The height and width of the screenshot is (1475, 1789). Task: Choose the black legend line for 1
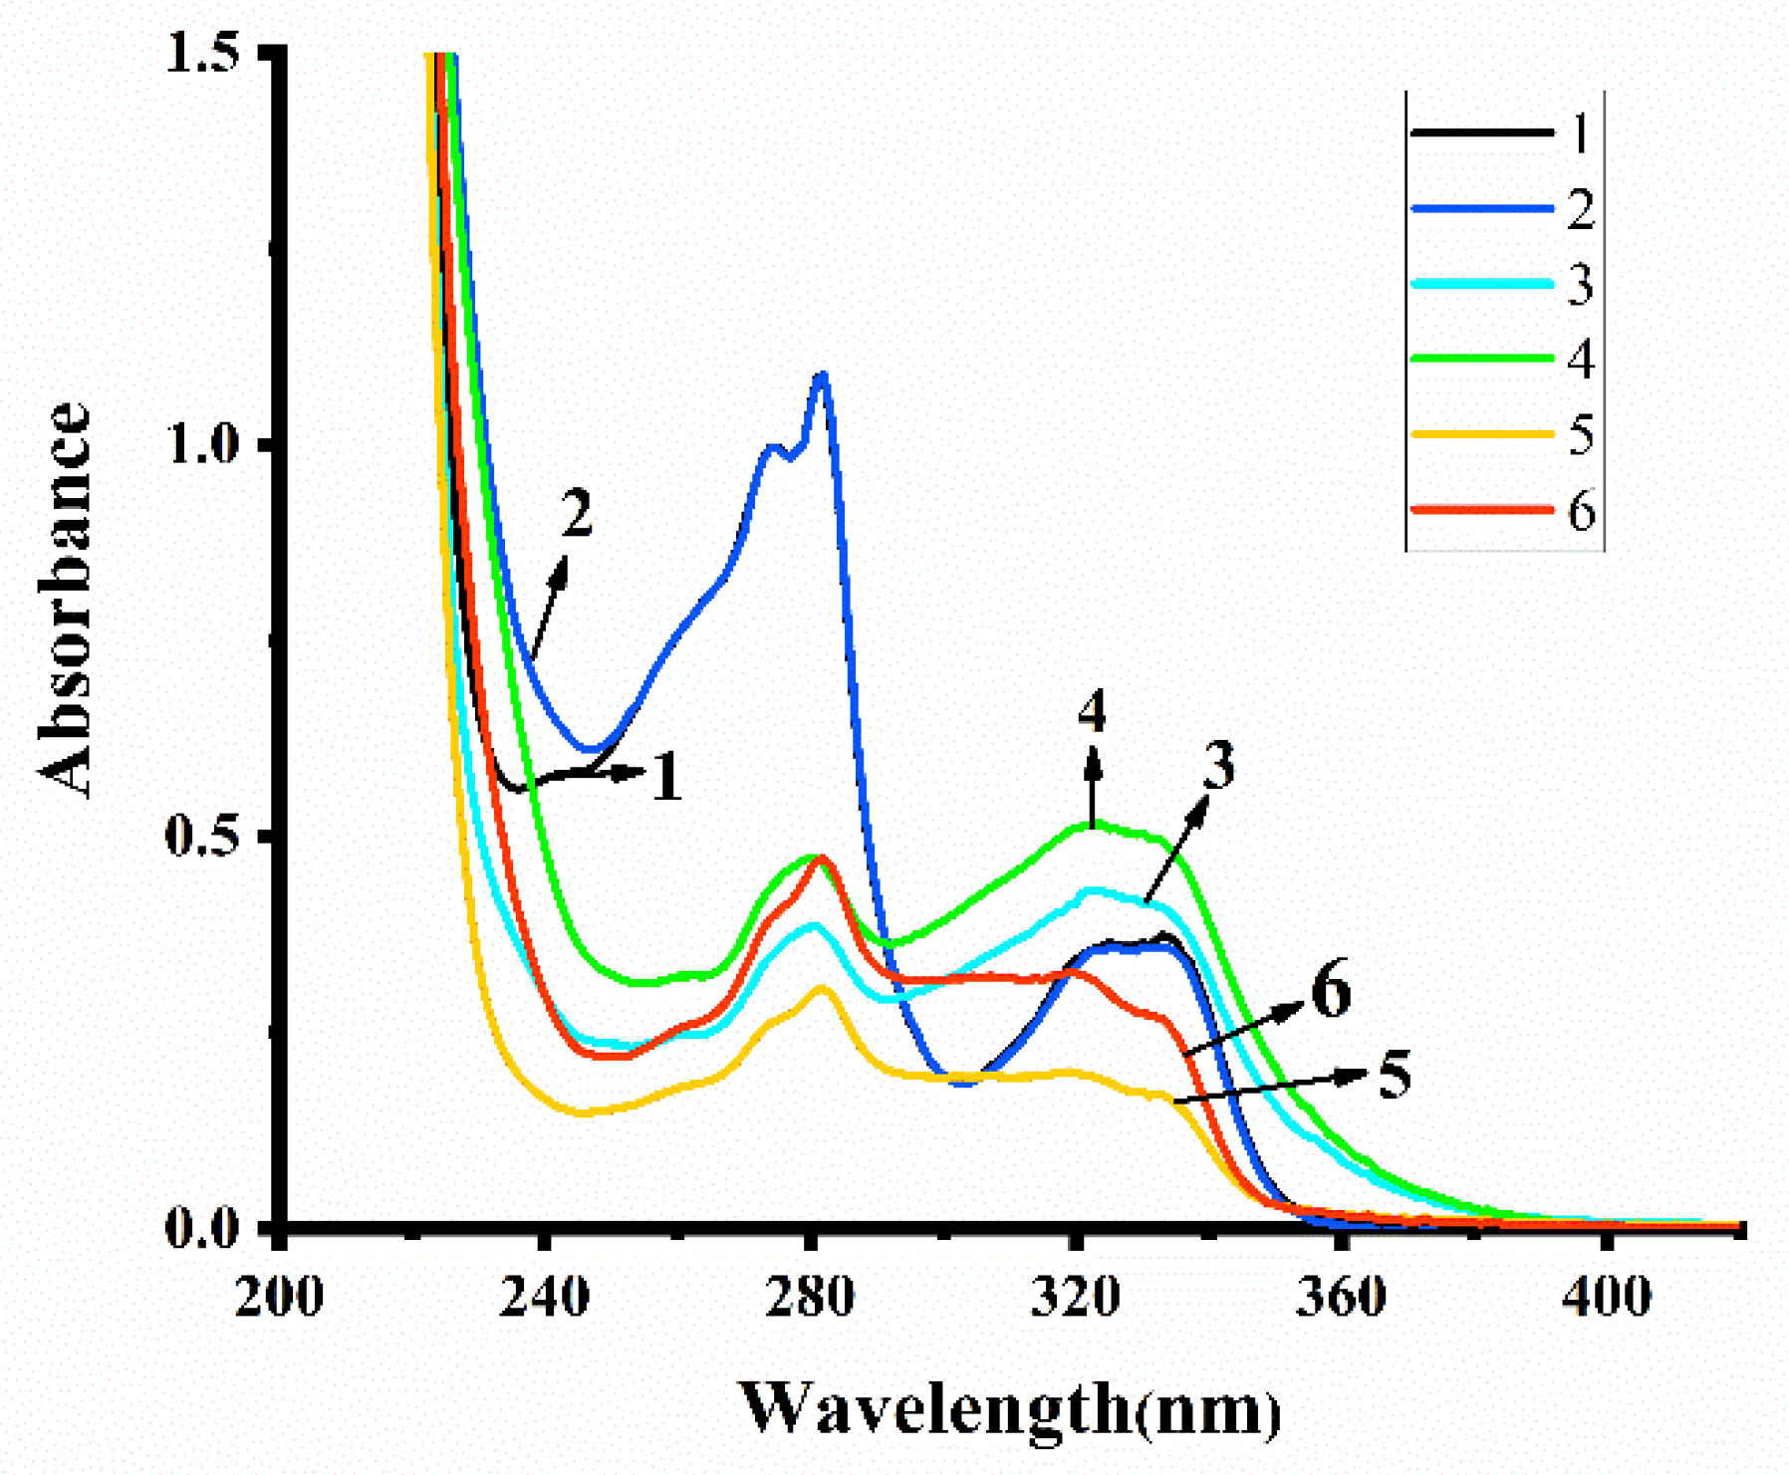pos(1482,132)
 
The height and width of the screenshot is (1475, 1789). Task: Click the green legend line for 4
pos(1482,358)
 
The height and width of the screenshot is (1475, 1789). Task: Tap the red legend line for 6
pos(1482,509)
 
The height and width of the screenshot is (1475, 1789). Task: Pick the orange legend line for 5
pos(1482,434)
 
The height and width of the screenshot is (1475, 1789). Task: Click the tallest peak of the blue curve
pos(822,376)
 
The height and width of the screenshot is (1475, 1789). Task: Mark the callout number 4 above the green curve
pos(1092,712)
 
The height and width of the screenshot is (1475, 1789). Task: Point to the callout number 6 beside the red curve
pos(1331,991)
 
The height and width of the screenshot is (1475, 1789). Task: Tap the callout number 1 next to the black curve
pos(667,778)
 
